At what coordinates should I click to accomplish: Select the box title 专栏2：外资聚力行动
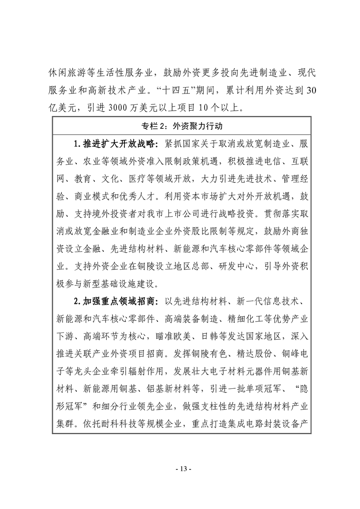180,126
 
